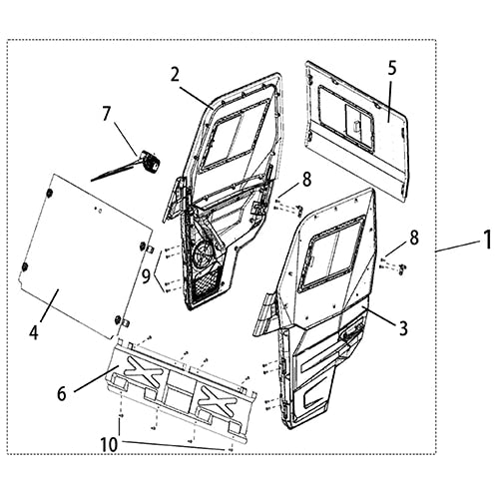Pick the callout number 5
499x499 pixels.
[x=392, y=69]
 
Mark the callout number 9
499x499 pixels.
[x=146, y=275]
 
